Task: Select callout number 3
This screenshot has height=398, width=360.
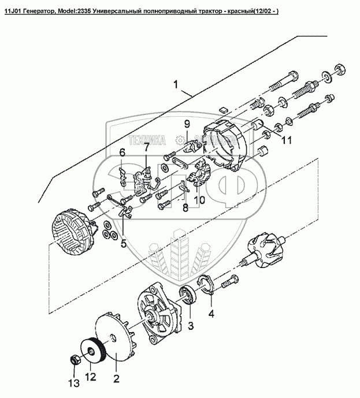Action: coord(190,325)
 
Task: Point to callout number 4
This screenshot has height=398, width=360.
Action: coord(211,314)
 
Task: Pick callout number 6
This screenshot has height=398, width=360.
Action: coord(122,152)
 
